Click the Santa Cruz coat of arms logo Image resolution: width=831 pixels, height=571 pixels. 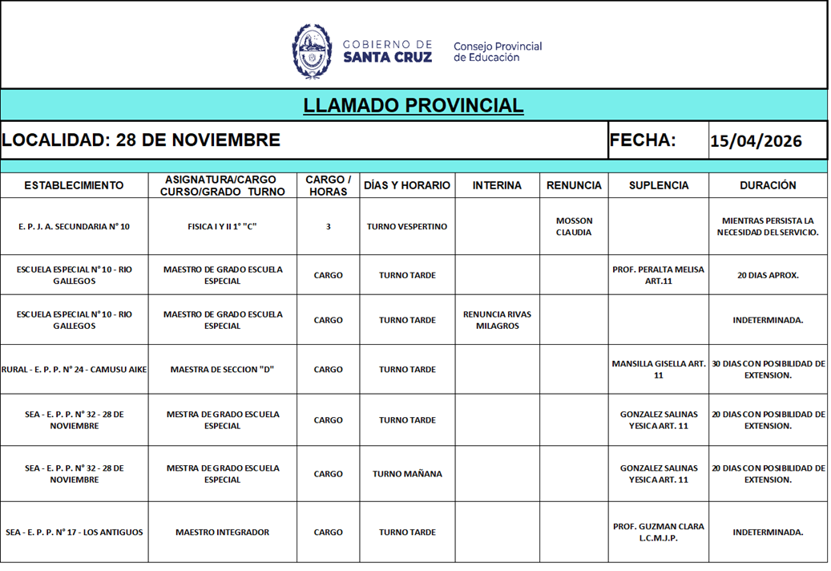(x=312, y=51)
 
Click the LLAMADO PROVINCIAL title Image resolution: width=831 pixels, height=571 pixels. (x=413, y=105)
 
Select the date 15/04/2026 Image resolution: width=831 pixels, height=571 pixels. (x=756, y=141)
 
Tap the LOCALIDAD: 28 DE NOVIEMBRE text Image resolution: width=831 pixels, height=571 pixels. (x=141, y=140)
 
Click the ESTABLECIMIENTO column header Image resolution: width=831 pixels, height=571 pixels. (x=74, y=185)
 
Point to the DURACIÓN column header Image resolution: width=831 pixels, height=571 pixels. (x=768, y=185)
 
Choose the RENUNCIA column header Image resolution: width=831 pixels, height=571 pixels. (x=574, y=185)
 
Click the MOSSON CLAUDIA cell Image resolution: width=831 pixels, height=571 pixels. (x=574, y=227)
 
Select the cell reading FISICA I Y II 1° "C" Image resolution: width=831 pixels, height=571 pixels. (x=222, y=227)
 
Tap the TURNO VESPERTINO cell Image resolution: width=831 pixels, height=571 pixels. (x=407, y=227)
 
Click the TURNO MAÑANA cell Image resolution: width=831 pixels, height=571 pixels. (x=407, y=474)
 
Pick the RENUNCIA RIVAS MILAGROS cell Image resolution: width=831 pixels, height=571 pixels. (x=497, y=320)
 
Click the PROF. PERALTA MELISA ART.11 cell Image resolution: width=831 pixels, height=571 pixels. (x=658, y=275)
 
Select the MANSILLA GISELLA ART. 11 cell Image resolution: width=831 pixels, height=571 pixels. (x=658, y=369)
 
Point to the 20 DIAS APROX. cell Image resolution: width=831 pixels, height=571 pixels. (x=768, y=275)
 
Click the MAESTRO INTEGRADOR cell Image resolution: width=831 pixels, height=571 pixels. (x=222, y=532)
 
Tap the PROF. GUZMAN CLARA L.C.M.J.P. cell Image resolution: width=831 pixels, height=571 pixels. (x=658, y=532)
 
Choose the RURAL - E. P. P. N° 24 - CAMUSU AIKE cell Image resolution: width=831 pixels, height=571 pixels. (x=74, y=370)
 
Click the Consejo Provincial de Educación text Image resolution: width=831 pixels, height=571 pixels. (x=497, y=51)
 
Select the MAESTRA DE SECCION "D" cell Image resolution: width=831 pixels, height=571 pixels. (x=222, y=370)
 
